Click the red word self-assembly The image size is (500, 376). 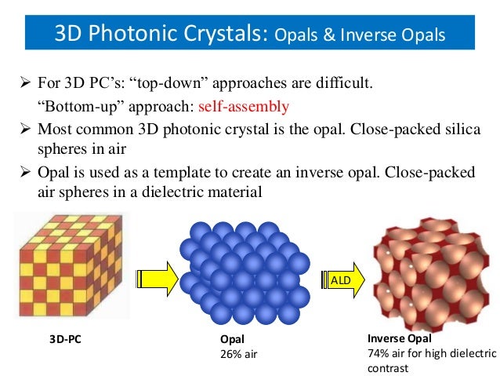[x=245, y=106]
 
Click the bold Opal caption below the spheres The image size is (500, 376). [x=232, y=340]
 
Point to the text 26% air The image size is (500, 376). [x=238, y=353]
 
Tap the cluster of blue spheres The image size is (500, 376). [x=244, y=271]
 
